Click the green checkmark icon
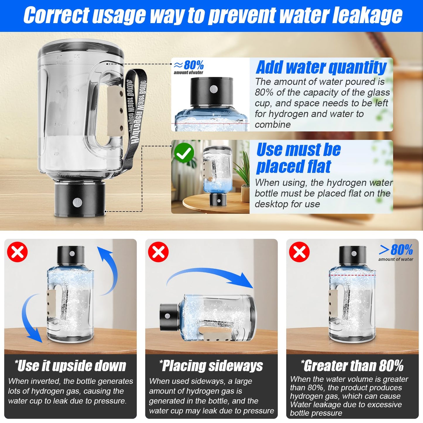tap(184, 153)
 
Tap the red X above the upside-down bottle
tap(17, 252)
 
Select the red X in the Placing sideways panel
tap(158, 252)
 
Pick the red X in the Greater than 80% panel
tap(299, 252)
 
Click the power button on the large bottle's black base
tap(77, 202)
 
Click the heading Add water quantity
tap(321, 67)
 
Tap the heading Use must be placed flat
tap(299, 158)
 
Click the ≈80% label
tap(189, 65)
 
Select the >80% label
tap(396, 250)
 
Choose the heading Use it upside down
tap(71, 366)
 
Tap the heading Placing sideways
tap(211, 366)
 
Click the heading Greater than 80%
tap(352, 366)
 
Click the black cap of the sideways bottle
tap(169, 316)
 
